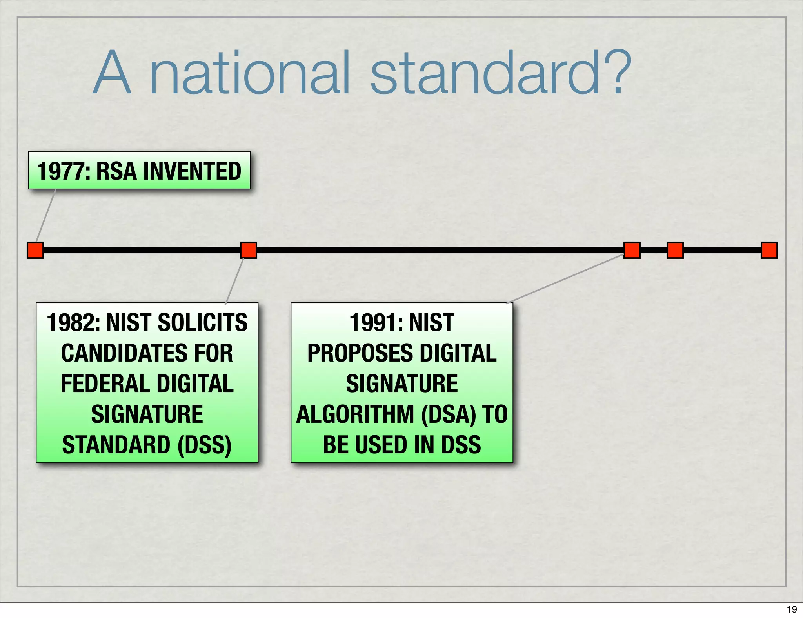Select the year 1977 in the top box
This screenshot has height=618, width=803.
coord(63,171)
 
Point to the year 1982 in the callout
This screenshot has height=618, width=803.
coord(73,323)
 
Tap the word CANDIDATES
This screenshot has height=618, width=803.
coord(118,353)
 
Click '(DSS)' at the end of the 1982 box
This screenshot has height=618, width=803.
coord(204,445)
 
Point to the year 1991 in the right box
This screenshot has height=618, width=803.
coord(376,323)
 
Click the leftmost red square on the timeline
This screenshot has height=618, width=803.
coord(35,250)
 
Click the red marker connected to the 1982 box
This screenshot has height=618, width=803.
coord(249,250)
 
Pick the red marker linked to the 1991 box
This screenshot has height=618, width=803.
coord(632,250)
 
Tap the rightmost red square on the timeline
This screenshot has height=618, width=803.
coord(769,250)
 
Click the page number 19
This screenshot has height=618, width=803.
coord(792,609)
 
